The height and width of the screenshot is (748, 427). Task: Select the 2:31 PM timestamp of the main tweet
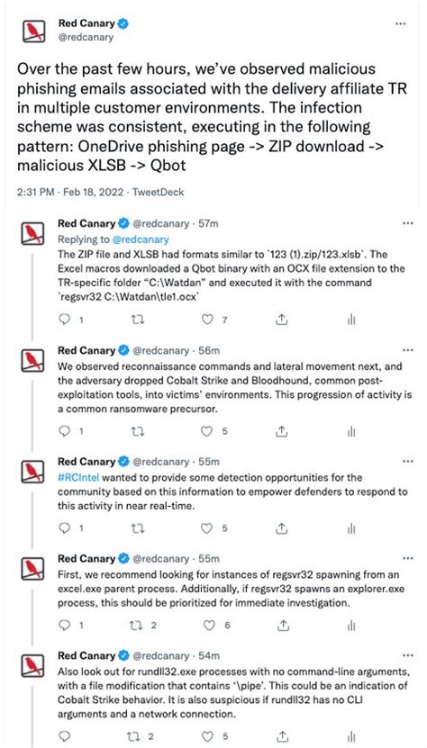pyautogui.click(x=35, y=192)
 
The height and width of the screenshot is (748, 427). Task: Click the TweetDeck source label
pyautogui.click(x=158, y=192)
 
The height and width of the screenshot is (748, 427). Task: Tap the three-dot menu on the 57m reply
pyautogui.click(x=407, y=222)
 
